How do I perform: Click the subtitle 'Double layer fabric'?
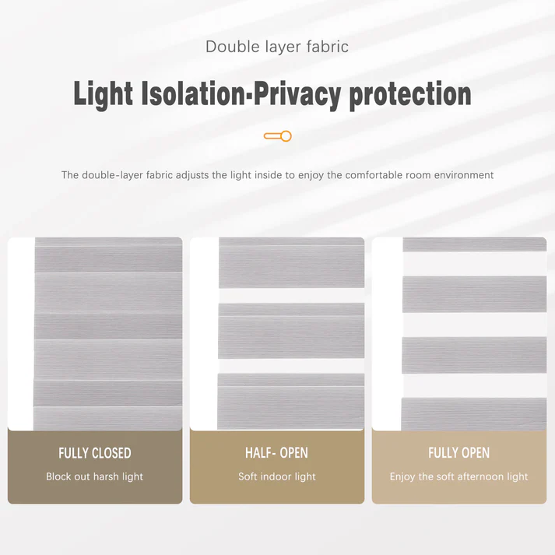[277, 47]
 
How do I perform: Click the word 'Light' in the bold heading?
[104, 94]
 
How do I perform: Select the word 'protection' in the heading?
[410, 94]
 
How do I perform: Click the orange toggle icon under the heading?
[277, 136]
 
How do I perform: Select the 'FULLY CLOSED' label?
[95, 453]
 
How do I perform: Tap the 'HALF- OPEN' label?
[276, 453]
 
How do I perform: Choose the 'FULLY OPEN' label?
[458, 453]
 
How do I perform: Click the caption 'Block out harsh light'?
[95, 476]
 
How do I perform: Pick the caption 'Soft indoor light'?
[277, 476]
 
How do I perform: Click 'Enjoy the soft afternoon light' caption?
[458, 476]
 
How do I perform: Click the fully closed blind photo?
[107, 333]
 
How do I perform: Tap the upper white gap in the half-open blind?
[291, 296]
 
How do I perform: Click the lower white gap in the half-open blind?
[291, 366]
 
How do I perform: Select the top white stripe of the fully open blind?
[474, 263]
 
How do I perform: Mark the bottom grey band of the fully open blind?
[474, 413]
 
